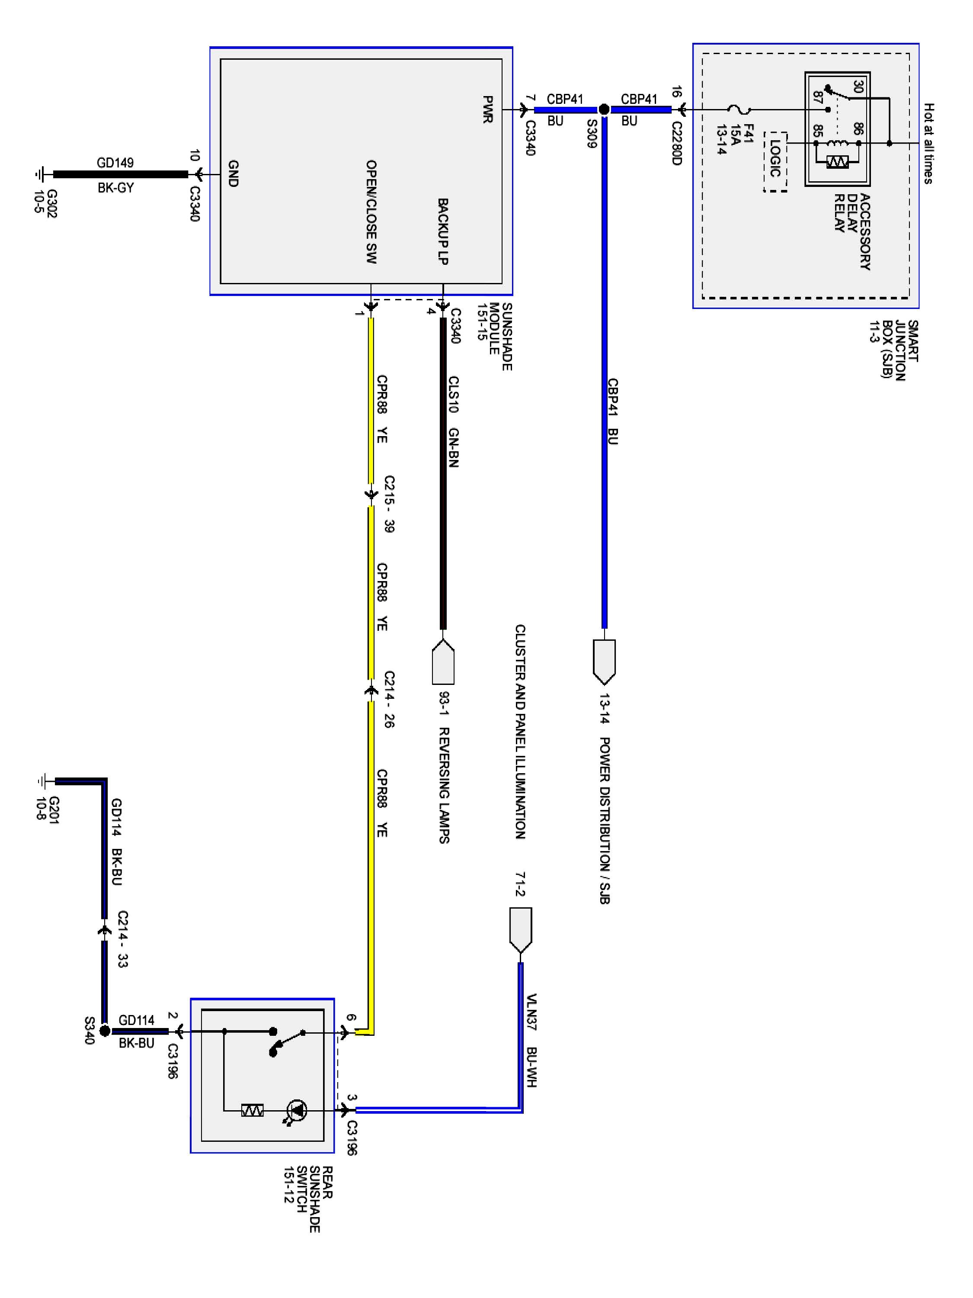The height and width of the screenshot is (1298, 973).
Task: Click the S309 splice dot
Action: point(604,109)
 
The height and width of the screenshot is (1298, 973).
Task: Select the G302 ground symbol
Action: point(40,174)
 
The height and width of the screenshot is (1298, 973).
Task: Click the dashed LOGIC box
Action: point(775,161)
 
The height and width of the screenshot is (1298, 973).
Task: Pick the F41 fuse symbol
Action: point(739,109)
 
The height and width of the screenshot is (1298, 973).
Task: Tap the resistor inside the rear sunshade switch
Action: point(253,1110)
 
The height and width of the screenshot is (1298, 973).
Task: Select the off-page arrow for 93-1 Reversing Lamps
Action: point(443,662)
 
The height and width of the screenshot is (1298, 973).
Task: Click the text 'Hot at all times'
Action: point(928,143)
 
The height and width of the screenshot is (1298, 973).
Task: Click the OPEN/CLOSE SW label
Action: point(371,211)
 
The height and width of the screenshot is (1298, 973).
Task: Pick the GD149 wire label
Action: point(115,163)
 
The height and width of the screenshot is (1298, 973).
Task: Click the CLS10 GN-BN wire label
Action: point(453,421)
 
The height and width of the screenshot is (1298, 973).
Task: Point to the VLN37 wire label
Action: point(531,1012)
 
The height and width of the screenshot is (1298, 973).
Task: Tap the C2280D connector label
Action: point(676,143)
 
